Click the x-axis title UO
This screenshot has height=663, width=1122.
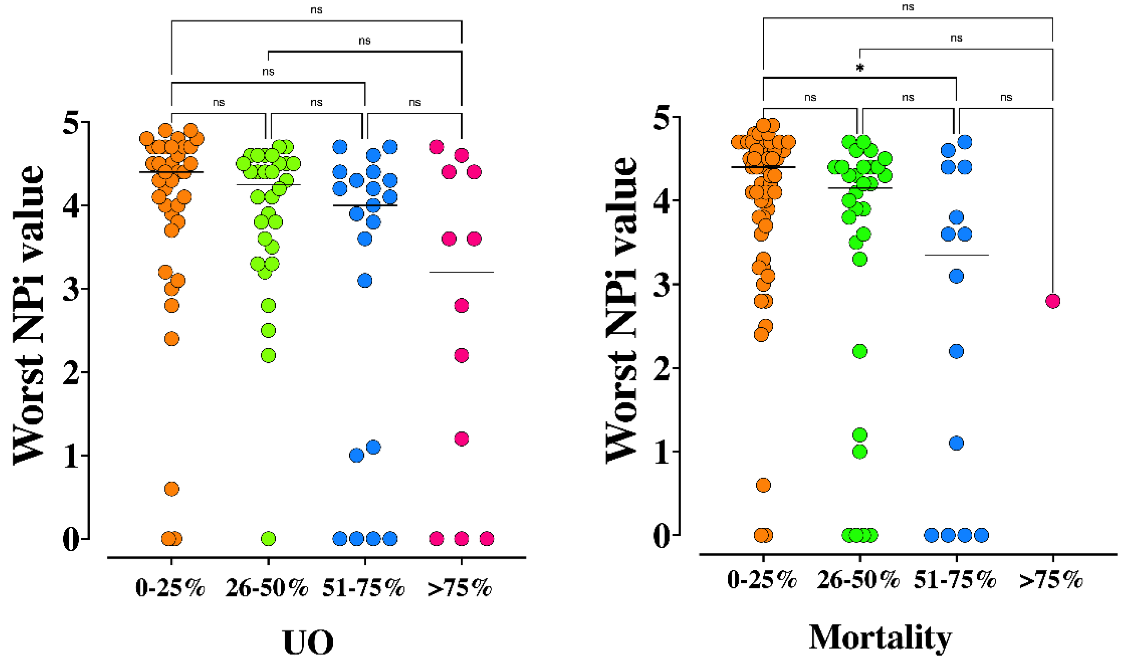point(308,642)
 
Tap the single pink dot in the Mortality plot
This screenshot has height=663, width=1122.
point(1053,301)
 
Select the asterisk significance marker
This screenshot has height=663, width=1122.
point(860,68)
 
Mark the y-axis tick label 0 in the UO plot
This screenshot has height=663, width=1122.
point(71,539)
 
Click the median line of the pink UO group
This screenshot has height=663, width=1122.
point(461,272)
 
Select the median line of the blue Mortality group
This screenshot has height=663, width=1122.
point(956,255)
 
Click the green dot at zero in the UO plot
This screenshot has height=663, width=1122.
point(268,539)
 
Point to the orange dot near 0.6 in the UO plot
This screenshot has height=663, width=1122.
point(172,489)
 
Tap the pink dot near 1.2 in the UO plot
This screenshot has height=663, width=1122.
point(461,439)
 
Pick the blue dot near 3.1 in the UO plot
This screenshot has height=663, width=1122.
point(365,281)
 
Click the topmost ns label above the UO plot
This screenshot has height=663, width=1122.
point(317,10)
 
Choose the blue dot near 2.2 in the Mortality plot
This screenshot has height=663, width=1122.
point(956,352)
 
